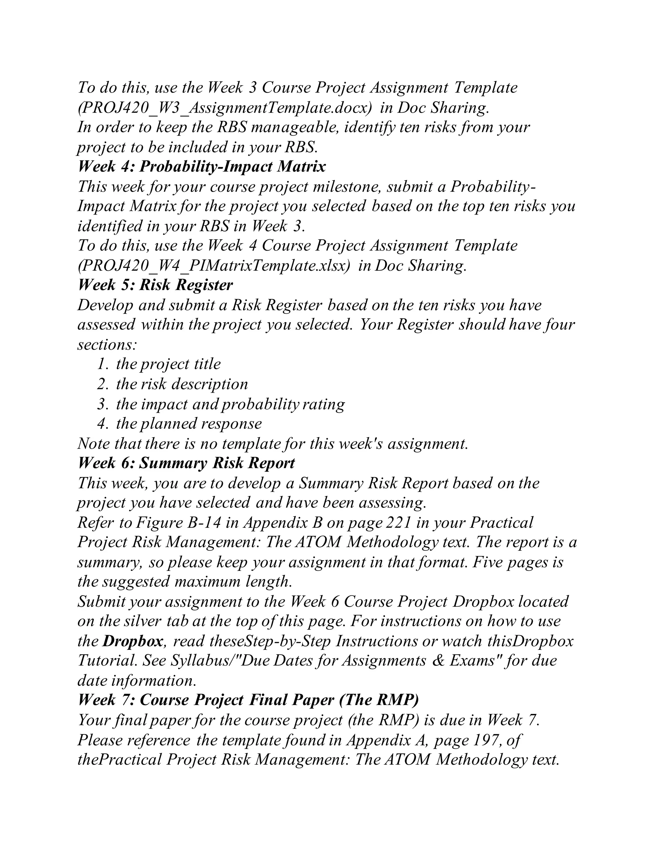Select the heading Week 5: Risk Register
pyautogui.click(x=155, y=285)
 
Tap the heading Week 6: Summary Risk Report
pyautogui.click(x=186, y=463)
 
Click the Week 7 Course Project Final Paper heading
pyautogui.click(x=248, y=700)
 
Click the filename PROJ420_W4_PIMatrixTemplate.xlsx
pyautogui.click(x=213, y=266)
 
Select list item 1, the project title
pyautogui.click(x=168, y=364)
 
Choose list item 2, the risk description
pyautogui.click(x=182, y=384)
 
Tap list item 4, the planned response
pyautogui.click(x=189, y=423)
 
